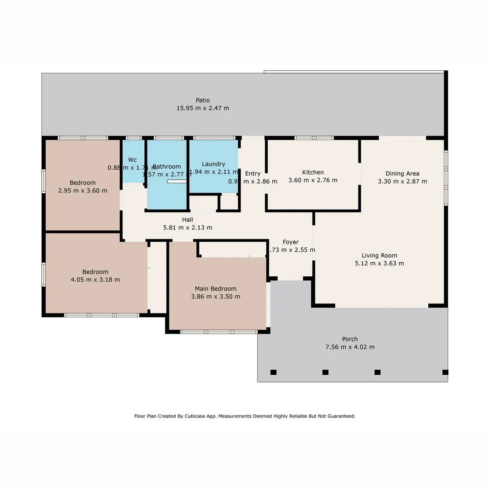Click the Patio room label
(203, 100)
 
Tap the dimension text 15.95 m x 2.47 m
(203, 108)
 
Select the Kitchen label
(313, 172)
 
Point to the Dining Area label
(402, 173)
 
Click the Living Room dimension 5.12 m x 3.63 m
(379, 263)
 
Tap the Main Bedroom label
(216, 289)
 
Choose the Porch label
(350, 339)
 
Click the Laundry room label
(213, 164)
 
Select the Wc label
(132, 160)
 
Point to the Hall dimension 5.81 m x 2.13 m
(187, 227)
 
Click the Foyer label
(290, 242)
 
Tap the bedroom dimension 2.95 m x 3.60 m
(83, 191)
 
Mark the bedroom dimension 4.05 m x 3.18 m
(95, 279)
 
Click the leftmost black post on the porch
(273, 372)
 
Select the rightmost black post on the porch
(445, 372)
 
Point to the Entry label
(253, 173)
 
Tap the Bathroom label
(167, 167)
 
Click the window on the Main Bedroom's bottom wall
(219, 332)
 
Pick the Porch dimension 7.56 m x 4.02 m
(350, 347)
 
